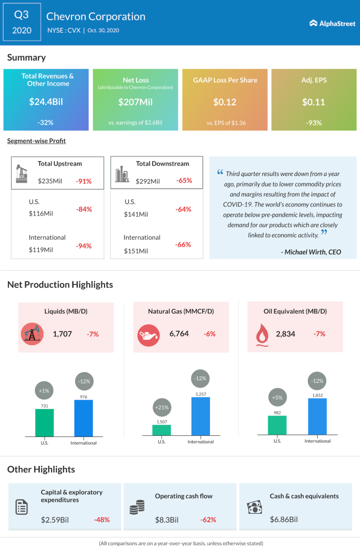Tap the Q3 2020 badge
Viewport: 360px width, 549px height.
pos(21,23)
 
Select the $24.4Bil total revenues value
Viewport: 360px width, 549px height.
pos(46,102)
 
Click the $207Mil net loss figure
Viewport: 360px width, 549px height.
pos(135,102)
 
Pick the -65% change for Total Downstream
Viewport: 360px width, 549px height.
pos(184,181)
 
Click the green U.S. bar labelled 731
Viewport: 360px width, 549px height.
pos(45,423)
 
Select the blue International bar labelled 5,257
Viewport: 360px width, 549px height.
pos(201,417)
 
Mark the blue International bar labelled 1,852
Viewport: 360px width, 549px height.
pos(317,417)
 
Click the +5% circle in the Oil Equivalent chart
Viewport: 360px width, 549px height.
pos(277,398)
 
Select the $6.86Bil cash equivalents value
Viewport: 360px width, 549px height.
pos(284,520)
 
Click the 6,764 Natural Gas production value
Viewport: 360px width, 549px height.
pos(179,334)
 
